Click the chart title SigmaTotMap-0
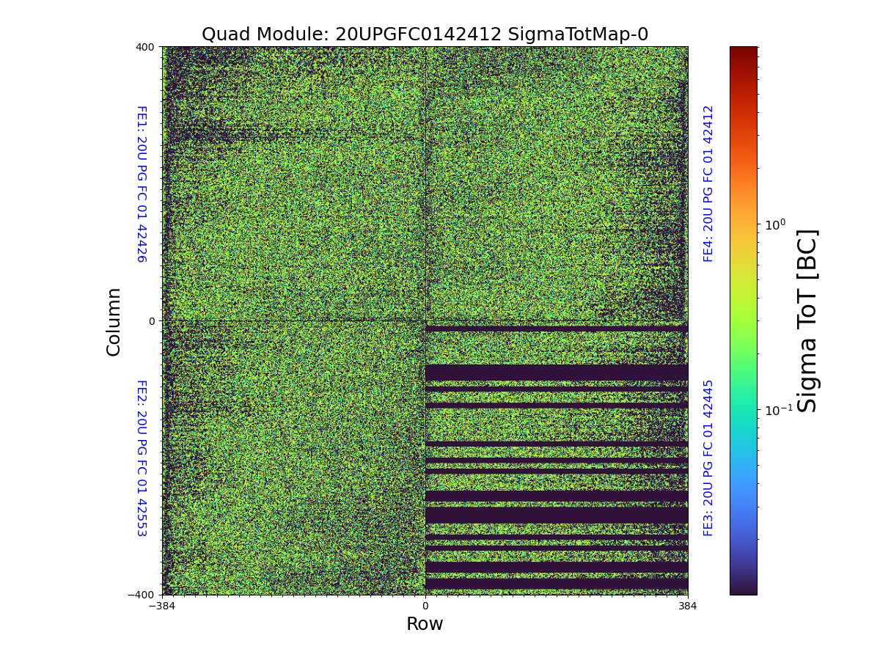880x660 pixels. pos(425,34)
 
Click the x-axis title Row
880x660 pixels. pos(425,624)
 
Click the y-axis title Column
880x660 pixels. pos(114,321)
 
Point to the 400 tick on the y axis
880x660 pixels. pos(145,47)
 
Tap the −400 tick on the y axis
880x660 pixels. pos(142,595)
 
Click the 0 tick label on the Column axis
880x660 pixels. pos(152,321)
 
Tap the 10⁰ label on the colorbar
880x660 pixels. pos(774,224)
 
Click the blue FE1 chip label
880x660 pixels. pos(141,183)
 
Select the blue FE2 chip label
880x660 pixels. pos(141,458)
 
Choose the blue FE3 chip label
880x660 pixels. pos(708,458)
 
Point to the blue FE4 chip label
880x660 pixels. pos(708,183)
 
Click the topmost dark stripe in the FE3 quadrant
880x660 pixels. pos(556,329)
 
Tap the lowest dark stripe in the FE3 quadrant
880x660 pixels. pos(556,583)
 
